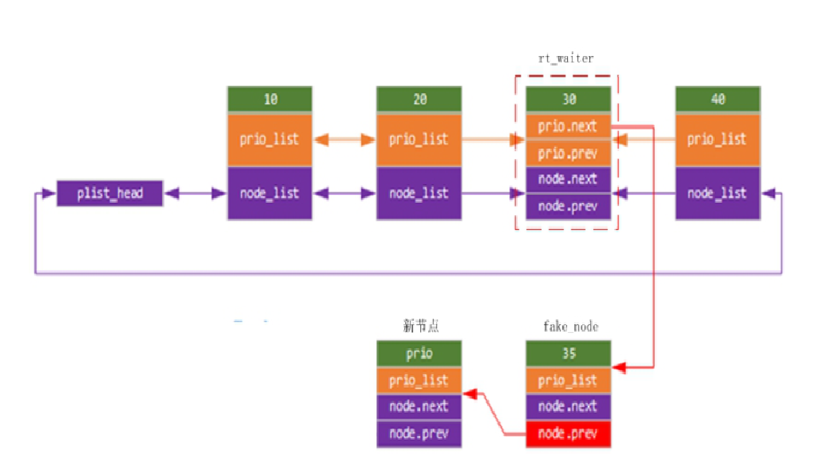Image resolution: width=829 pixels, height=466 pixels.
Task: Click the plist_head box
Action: [110, 193]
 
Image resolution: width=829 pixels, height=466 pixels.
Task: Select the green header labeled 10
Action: [270, 99]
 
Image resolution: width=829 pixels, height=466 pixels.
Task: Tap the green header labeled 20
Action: [419, 99]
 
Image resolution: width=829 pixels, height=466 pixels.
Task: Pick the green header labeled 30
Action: [568, 99]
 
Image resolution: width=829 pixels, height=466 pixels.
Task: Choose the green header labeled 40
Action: [717, 99]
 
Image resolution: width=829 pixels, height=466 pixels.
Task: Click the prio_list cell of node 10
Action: [270, 140]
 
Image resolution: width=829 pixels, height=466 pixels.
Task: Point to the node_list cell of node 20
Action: [419, 193]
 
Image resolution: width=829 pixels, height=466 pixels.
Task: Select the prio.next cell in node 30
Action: [568, 126]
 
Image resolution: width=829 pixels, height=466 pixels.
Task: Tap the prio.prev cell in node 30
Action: [568, 152]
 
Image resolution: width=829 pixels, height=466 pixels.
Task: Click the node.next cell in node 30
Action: [568, 179]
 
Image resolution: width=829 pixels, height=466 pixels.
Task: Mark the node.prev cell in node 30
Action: [568, 206]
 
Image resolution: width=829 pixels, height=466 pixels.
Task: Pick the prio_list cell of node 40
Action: [717, 140]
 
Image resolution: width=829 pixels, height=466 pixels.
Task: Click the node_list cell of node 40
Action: [717, 193]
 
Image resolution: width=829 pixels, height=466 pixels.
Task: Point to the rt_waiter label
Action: [566, 58]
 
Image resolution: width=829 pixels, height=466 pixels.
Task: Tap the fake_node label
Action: [570, 326]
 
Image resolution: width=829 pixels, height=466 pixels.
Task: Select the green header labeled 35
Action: [568, 354]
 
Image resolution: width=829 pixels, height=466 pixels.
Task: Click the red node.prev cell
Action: [568, 434]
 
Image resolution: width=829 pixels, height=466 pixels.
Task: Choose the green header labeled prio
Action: [419, 354]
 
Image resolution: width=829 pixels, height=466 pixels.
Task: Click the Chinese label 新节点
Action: [421, 326]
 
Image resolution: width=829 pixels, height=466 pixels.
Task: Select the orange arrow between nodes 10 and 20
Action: [344, 140]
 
